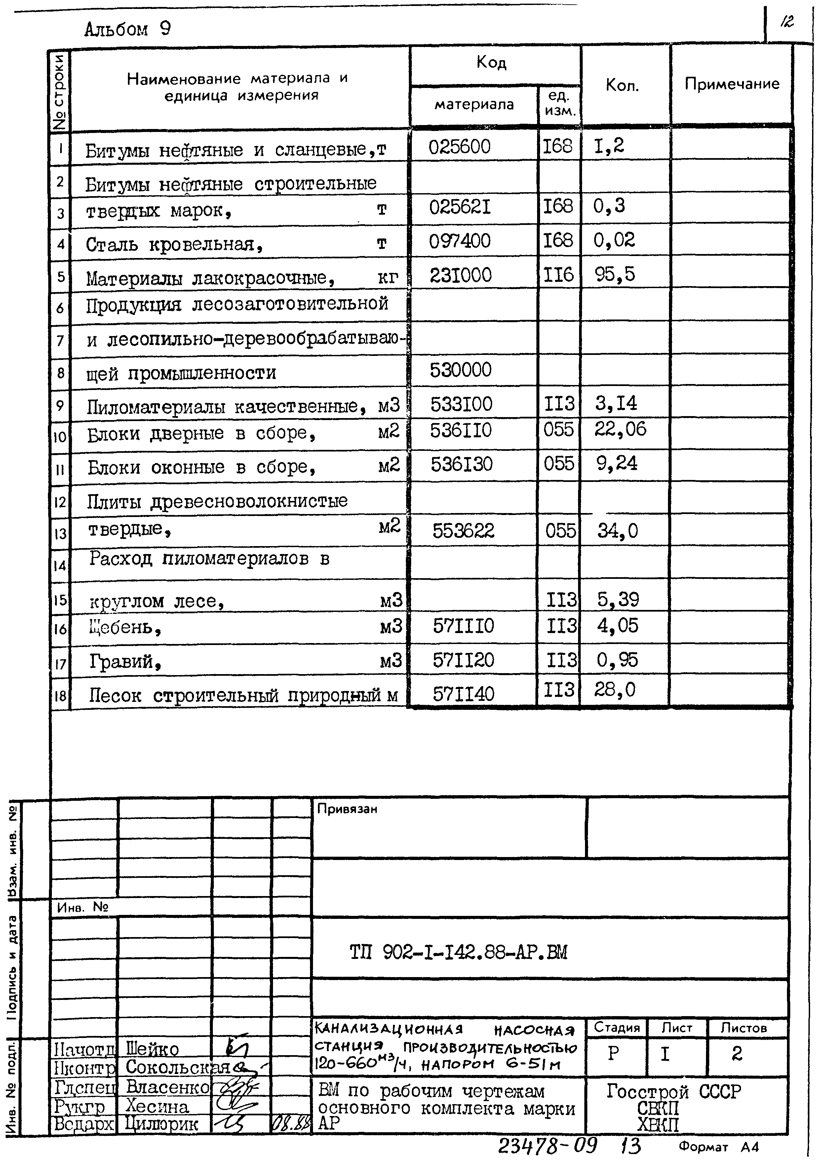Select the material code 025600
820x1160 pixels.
(459, 147)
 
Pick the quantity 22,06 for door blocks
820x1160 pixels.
(620, 429)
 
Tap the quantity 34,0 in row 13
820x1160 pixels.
(617, 531)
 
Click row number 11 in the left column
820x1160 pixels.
(60, 469)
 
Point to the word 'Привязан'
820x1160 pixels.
(347, 809)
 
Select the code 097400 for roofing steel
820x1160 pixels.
(459, 241)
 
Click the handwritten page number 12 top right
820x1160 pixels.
(787, 22)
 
